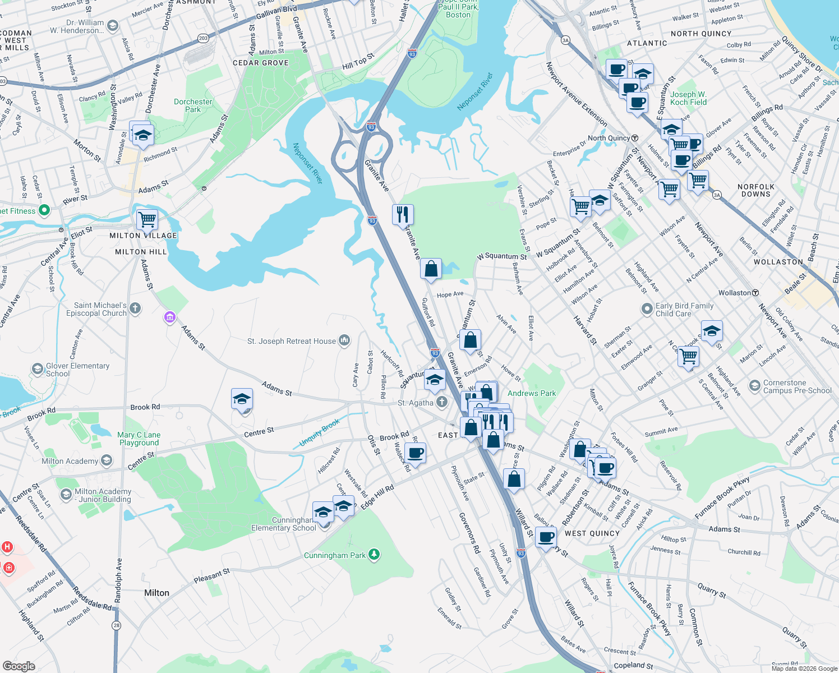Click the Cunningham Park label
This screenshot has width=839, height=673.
pos(335,555)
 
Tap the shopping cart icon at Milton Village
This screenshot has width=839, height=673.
pos(147,219)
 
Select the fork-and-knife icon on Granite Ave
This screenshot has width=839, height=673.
pos(403,214)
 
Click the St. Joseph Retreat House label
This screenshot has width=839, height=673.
pos(292,341)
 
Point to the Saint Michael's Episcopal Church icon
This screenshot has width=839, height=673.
pos(135,308)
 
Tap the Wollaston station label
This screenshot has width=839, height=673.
pos(735,293)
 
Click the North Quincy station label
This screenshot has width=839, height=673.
pos(609,138)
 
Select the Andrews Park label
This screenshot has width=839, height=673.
pos(532,393)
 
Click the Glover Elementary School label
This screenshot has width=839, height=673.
pos(77,370)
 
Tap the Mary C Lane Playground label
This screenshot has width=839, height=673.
pos(139,439)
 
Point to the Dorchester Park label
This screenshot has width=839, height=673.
pos(193,105)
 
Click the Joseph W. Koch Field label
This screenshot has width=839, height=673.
pos(688,98)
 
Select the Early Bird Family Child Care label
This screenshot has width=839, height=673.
pos(684,310)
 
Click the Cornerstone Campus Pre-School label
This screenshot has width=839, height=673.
pos(797,386)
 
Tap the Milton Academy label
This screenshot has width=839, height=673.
pos(70,461)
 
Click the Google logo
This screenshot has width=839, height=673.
pos(19,666)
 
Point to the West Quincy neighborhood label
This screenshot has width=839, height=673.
pos(592,533)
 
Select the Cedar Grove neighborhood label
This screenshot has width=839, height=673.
pos(261,63)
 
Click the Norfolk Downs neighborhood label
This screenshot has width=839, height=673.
pos(755,190)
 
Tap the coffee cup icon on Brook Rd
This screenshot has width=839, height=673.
pos(415,453)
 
